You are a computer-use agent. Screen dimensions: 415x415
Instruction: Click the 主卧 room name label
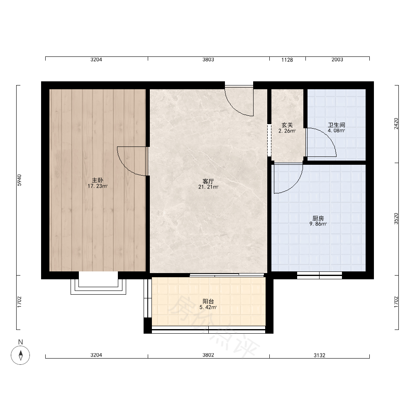[x=98, y=180]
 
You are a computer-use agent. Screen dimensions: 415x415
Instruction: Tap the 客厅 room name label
[x=208, y=181]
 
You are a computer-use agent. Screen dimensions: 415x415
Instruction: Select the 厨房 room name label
[x=318, y=218]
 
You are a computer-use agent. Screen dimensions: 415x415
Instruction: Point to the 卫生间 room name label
[x=337, y=125]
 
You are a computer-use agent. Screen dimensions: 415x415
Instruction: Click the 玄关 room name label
[x=287, y=125]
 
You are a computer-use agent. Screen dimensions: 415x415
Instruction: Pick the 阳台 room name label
[x=208, y=301]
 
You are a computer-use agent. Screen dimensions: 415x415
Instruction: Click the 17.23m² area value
[x=98, y=186]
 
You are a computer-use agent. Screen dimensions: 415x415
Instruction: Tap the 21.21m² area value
[x=208, y=187]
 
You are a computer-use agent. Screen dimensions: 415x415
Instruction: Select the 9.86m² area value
[x=318, y=224]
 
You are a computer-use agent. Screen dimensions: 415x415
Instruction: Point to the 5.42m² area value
[x=208, y=307]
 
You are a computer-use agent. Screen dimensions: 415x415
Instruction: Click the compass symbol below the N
[x=20, y=355]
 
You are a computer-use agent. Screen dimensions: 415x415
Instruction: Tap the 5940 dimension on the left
[x=20, y=180]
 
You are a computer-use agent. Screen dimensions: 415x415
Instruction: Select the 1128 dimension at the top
[x=287, y=60]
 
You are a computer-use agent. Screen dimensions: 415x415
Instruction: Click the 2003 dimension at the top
[x=337, y=59]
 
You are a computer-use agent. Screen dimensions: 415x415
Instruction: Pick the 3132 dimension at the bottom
[x=320, y=355]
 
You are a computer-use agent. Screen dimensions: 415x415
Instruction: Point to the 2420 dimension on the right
[x=396, y=124]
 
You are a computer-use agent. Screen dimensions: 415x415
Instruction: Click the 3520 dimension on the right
[x=396, y=219]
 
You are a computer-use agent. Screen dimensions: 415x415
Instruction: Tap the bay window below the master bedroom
[x=98, y=283]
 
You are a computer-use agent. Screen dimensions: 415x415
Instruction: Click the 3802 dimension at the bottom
[x=208, y=355]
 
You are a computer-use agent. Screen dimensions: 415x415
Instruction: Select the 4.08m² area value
[x=337, y=130]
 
